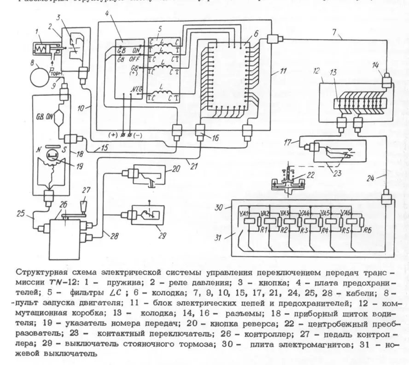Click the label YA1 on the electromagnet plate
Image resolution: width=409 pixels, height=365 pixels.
tap(245, 214)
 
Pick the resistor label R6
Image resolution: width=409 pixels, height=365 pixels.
tap(367, 229)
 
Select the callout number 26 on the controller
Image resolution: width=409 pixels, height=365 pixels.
tap(63, 217)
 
